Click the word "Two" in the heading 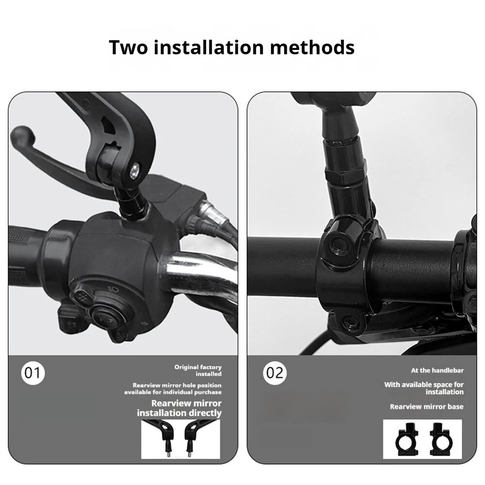129,48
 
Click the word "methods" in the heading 312,48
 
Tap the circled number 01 33,372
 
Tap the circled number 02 275,372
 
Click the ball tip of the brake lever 22,136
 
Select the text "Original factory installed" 198,370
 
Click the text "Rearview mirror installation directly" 179,408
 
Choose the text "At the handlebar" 437,370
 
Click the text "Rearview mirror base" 426,406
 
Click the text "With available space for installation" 424,388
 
